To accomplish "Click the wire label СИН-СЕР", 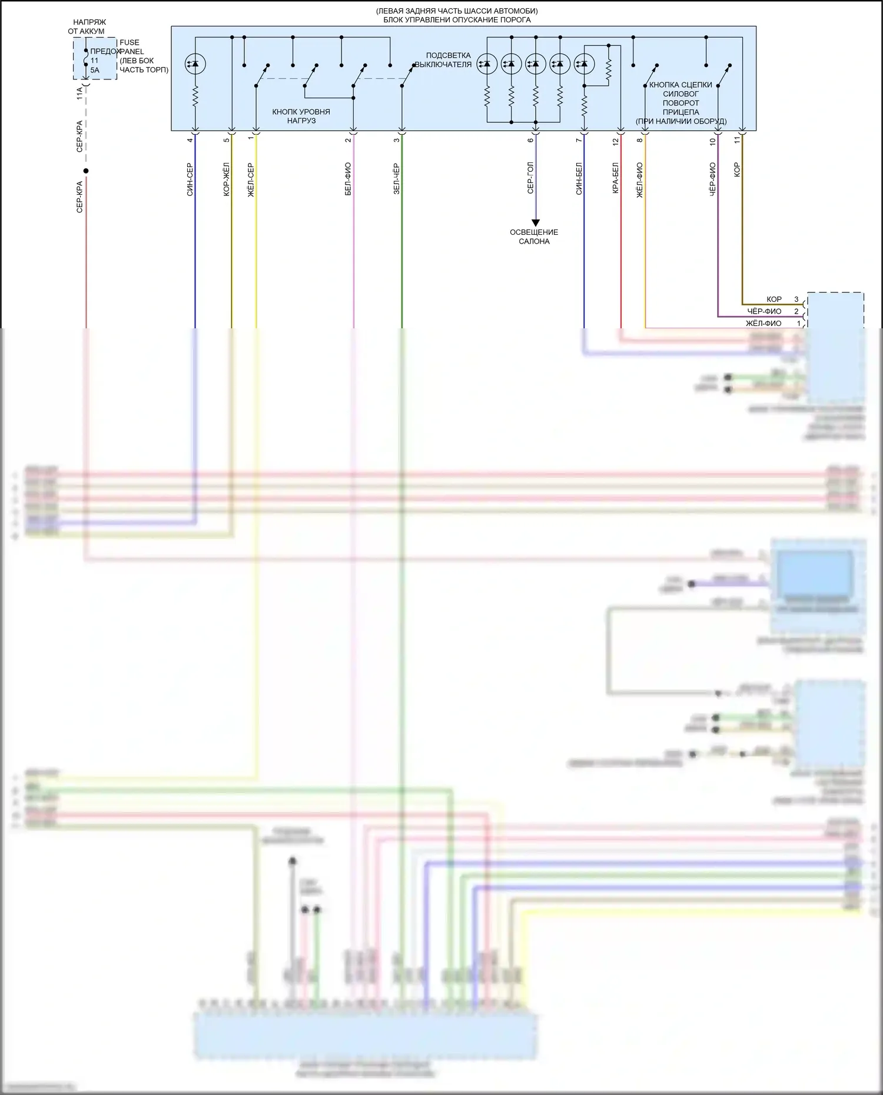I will point(190,179).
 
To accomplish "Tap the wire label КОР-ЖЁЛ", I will point(227,179).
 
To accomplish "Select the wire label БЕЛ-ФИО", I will point(348,179).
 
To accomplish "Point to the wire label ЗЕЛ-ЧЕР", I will point(396,179).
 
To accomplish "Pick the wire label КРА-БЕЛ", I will point(615,178).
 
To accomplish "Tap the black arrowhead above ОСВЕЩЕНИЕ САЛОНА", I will point(535,222).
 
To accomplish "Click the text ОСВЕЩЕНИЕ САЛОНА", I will point(534,237).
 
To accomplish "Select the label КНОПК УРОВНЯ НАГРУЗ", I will point(301,116).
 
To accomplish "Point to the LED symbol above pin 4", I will point(194,64).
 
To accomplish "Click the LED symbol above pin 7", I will point(584,64).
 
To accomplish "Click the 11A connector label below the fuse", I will point(80,94).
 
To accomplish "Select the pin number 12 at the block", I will point(616,141).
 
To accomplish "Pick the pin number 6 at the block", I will point(530,140).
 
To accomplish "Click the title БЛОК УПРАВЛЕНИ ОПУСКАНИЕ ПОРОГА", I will point(457,20).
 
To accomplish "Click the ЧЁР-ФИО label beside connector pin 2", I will point(764,311).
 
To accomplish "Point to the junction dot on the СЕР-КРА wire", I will point(86,171).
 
